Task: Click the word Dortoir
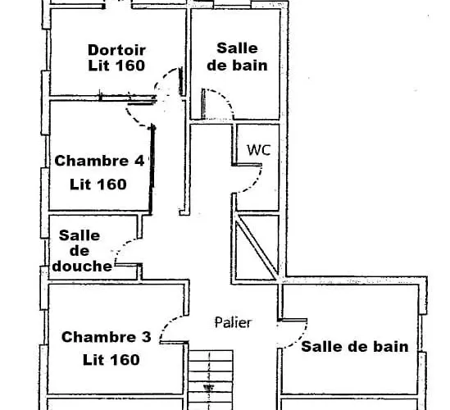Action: [116, 48]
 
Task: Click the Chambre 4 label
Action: [99, 161]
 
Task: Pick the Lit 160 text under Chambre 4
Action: [99, 184]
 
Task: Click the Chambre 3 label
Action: [107, 336]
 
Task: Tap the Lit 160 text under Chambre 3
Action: [111, 359]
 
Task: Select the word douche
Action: [81, 266]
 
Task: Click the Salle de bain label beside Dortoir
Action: [237, 57]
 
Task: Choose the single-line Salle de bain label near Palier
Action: [354, 347]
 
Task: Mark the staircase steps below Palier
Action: [211, 377]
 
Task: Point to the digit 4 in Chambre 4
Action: [139, 161]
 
